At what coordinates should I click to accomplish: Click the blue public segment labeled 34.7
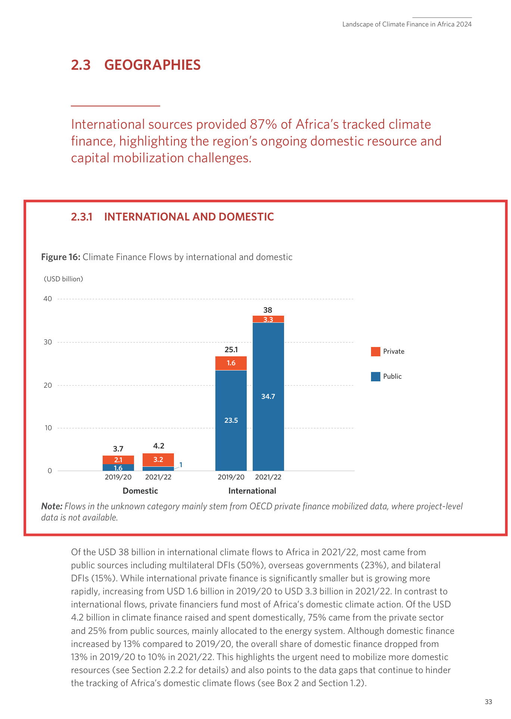tap(268, 396)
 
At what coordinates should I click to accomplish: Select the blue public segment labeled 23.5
tap(231, 420)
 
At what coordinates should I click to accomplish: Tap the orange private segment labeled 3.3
tap(268, 319)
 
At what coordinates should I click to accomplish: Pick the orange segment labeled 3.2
tap(158, 460)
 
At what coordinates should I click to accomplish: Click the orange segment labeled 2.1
tap(118, 460)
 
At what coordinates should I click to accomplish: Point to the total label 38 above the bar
tap(268, 310)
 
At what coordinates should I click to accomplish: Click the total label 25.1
tap(231, 350)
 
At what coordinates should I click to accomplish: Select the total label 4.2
tap(159, 446)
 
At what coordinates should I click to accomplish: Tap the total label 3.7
tap(118, 449)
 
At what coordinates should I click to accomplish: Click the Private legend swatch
tap(376, 351)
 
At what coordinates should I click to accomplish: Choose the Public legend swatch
tap(376, 376)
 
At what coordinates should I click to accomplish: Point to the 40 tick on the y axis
tap(48, 298)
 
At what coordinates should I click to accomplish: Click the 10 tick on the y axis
tap(48, 428)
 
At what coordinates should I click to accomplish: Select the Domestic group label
tap(140, 491)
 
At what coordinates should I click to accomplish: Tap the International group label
tap(252, 491)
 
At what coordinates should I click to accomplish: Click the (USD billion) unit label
tap(63, 279)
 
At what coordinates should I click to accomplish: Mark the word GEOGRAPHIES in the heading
tap(152, 65)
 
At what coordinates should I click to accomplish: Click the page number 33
tap(488, 702)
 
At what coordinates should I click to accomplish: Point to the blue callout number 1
tap(181, 465)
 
